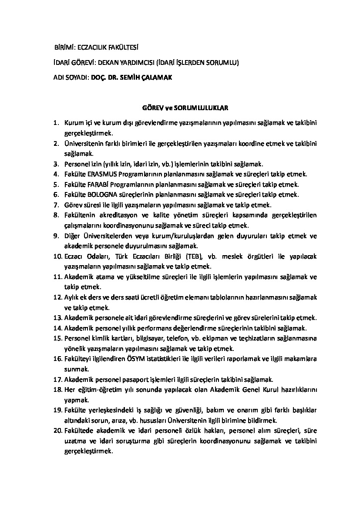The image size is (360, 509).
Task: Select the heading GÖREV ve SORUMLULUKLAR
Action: coord(185,107)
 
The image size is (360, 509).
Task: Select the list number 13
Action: coord(57,317)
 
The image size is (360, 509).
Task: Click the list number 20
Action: coord(57,431)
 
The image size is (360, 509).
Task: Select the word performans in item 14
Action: coord(161,328)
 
